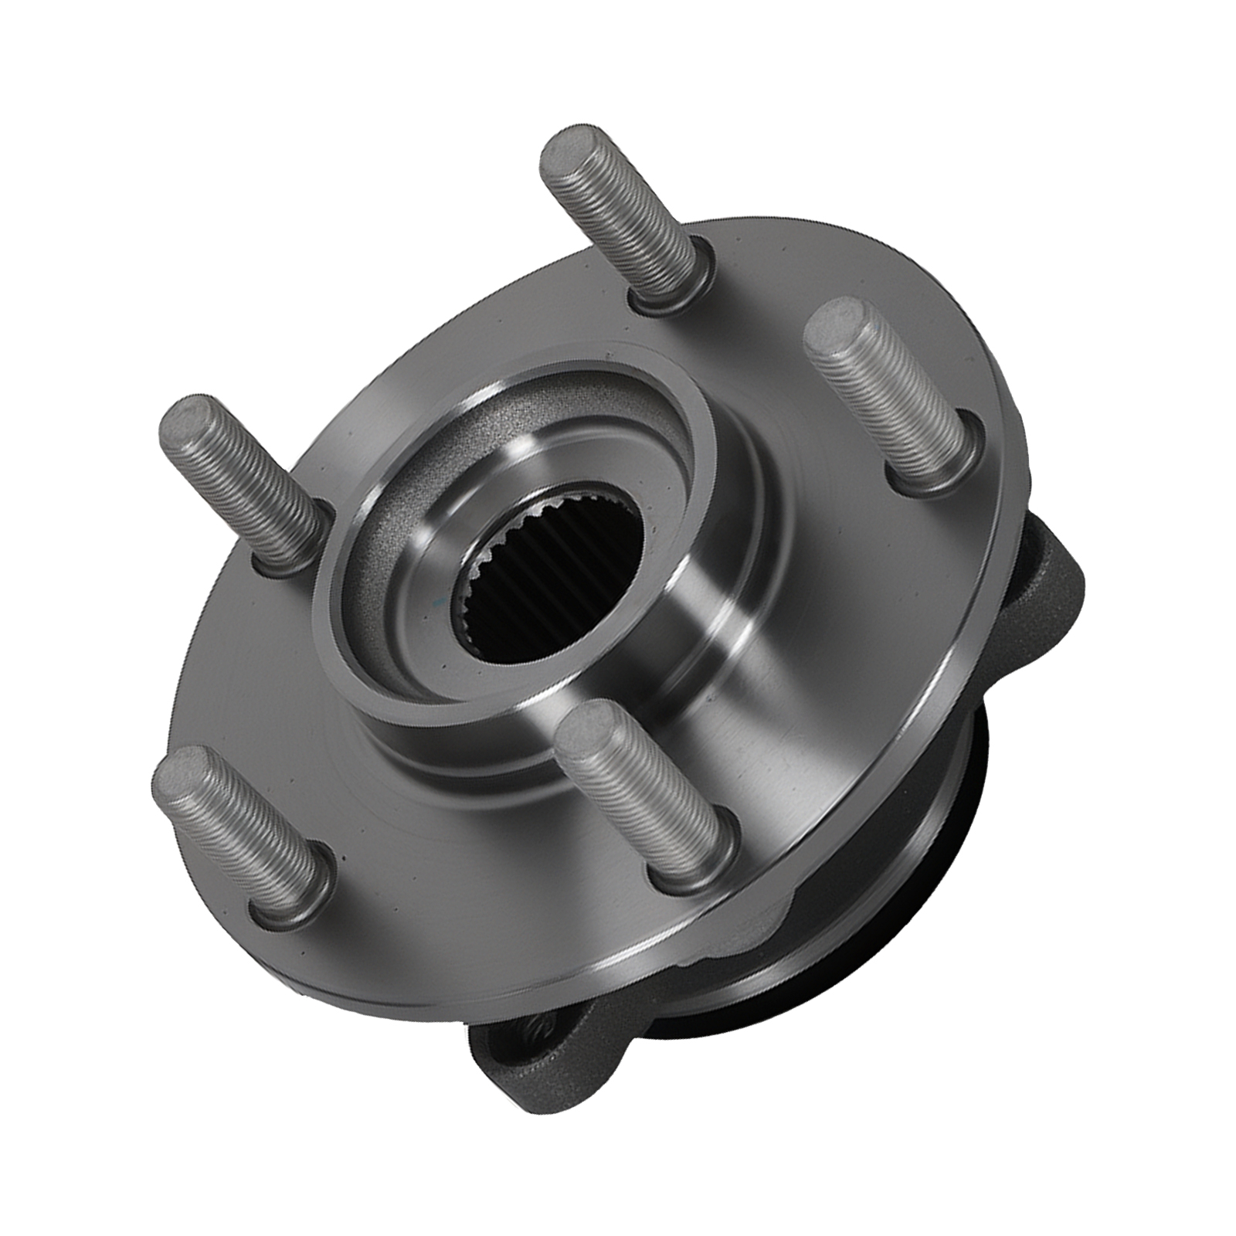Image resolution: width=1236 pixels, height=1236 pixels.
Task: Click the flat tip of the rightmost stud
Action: pos(837,332)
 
